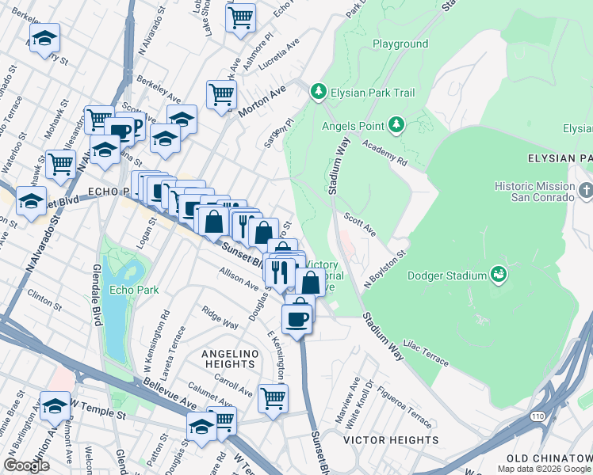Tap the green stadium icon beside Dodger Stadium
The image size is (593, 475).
point(499,275)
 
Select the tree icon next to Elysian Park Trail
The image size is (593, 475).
point(319,93)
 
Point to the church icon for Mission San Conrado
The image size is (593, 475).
point(586,191)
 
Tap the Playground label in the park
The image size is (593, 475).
point(400,44)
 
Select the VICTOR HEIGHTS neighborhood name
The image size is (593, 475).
point(391,439)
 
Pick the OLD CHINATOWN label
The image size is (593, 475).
point(549,459)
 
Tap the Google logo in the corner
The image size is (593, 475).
point(26,465)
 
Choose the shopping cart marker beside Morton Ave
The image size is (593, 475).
point(222,95)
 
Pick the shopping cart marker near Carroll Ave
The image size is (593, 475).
point(273,398)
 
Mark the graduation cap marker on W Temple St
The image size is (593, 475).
point(55,406)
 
